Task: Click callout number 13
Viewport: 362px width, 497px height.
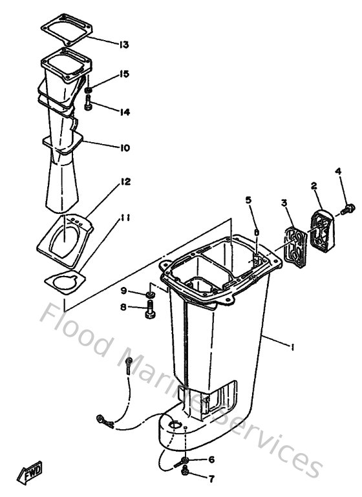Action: (124, 45)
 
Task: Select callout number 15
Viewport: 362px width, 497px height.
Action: (124, 74)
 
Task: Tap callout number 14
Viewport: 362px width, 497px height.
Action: (124, 112)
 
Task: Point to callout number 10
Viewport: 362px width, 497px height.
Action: (124, 148)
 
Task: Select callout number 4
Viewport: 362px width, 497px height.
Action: (337, 171)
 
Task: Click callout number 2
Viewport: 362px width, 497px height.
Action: (314, 186)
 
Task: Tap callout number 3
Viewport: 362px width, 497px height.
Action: (283, 204)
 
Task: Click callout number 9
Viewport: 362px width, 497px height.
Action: (123, 290)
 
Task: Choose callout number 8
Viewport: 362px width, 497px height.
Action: (123, 308)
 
